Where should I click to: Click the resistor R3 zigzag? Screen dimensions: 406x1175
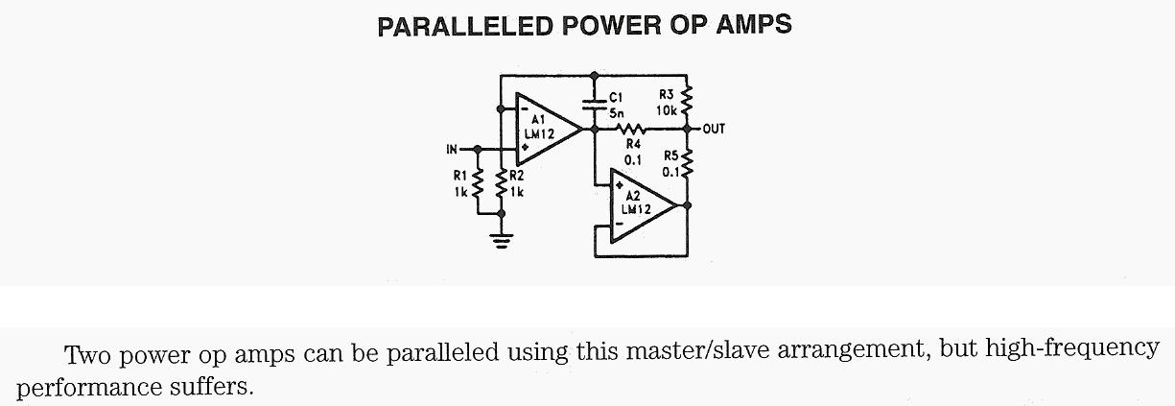tap(688, 99)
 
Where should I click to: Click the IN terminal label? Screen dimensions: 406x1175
tap(453, 150)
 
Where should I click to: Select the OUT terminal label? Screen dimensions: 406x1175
tap(715, 129)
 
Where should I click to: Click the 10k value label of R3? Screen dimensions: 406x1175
tap(668, 110)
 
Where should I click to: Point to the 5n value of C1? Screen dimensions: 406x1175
tap(617, 111)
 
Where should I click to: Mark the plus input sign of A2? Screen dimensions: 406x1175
tap(621, 184)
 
